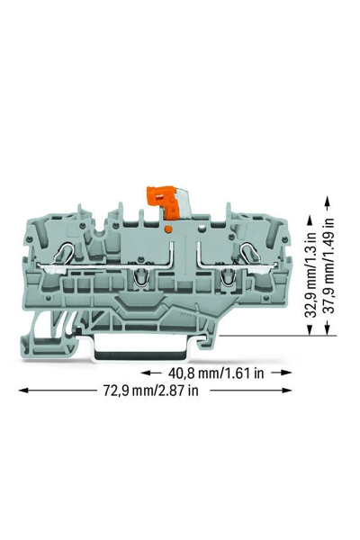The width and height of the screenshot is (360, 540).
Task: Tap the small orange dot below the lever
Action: [168, 229]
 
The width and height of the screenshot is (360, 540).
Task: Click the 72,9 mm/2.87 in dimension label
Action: [151, 391]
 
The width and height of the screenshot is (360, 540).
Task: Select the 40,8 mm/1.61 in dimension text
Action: [216, 373]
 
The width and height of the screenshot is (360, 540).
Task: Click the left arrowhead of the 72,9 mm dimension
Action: [23, 391]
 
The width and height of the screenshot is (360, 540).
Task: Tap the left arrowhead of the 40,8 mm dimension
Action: [146, 373]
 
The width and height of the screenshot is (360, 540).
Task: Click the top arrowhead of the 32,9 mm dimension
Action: [310, 220]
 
